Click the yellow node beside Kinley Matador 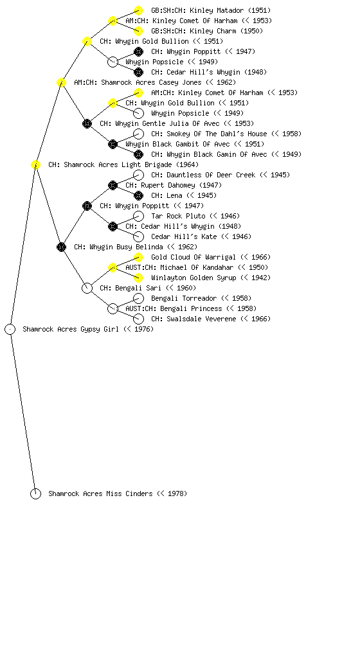(x=138, y=10)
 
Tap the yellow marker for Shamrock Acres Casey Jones (x=61, y=82)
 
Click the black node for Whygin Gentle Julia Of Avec (x=87, y=123)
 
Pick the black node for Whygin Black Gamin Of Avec (x=138, y=154)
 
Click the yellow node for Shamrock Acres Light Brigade (x=35, y=164)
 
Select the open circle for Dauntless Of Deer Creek (x=138, y=175)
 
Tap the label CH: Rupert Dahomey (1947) (x=174, y=185)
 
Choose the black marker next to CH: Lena (x=138, y=195)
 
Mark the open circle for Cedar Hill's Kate (x=138, y=236)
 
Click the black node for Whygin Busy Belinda (x=61, y=247)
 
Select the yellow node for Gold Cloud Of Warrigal (x=138, y=257)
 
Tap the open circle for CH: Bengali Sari (x=87, y=288)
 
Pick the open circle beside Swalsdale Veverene (x=138, y=319)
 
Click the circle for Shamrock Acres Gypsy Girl (x=10, y=329)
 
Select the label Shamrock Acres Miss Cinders (x=100, y=494)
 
